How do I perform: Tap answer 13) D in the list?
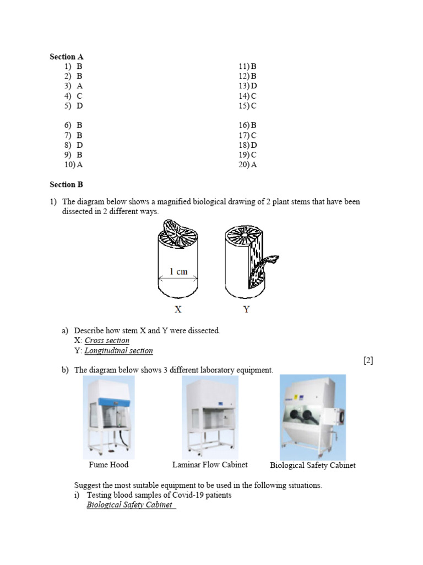[248, 86]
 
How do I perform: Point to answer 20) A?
[248, 164]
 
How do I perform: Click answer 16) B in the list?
[248, 125]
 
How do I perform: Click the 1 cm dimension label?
[178, 271]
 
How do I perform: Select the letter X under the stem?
[178, 310]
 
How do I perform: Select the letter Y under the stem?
[246, 310]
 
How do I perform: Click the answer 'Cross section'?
[107, 340]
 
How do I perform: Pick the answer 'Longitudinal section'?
[118, 350]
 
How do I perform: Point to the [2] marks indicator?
[368, 360]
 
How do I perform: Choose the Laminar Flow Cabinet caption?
[210, 465]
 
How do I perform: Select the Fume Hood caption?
[109, 465]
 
